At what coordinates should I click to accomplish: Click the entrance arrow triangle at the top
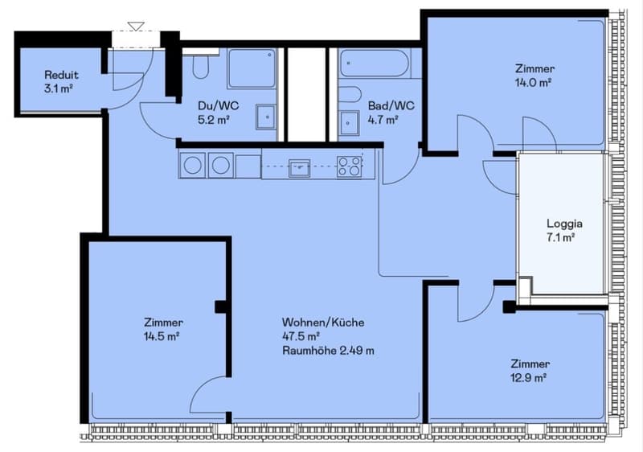click(136, 27)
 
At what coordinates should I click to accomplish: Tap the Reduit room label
click(62, 75)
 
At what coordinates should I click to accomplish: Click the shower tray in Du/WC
click(252, 68)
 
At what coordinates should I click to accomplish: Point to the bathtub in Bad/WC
click(375, 64)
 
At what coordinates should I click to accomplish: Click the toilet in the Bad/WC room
click(350, 94)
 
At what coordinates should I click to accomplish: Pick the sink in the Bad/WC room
click(350, 122)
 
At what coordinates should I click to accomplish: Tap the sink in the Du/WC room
click(267, 117)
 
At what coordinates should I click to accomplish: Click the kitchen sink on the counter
click(299, 168)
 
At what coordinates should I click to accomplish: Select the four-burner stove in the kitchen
click(350, 166)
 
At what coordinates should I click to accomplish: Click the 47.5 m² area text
click(301, 336)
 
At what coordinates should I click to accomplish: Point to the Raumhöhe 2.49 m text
click(328, 351)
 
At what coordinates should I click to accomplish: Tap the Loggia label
click(564, 224)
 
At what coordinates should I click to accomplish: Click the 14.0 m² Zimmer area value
click(533, 83)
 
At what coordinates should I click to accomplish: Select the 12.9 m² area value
click(528, 377)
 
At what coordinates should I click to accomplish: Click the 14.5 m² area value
click(162, 336)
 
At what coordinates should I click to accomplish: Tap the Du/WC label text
click(218, 106)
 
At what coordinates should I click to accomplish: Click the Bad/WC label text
click(391, 106)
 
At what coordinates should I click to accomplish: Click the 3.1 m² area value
click(58, 88)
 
